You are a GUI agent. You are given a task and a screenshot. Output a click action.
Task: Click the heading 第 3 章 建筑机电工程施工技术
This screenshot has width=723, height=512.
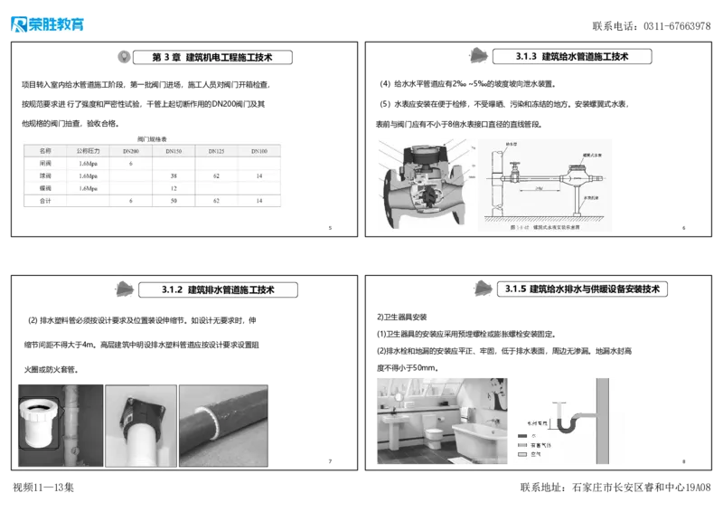click(214, 57)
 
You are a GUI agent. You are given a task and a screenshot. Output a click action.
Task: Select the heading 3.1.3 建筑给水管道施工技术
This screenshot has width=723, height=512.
click(574, 56)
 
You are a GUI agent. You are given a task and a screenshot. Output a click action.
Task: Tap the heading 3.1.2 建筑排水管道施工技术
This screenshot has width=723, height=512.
click(219, 289)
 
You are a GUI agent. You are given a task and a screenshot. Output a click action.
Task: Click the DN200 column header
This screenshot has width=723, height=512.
click(130, 151)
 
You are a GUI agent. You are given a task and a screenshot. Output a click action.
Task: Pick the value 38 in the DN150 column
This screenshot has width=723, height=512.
click(174, 175)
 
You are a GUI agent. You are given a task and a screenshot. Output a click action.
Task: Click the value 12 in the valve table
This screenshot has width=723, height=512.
click(174, 188)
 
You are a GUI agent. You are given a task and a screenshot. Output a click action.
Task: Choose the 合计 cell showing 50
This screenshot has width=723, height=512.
click(174, 201)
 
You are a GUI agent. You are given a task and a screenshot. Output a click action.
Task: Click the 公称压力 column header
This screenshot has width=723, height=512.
click(88, 151)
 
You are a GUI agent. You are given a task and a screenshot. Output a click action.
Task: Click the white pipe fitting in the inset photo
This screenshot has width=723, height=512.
click(40, 422)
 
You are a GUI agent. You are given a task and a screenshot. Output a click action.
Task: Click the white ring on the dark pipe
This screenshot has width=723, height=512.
click(216, 422)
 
